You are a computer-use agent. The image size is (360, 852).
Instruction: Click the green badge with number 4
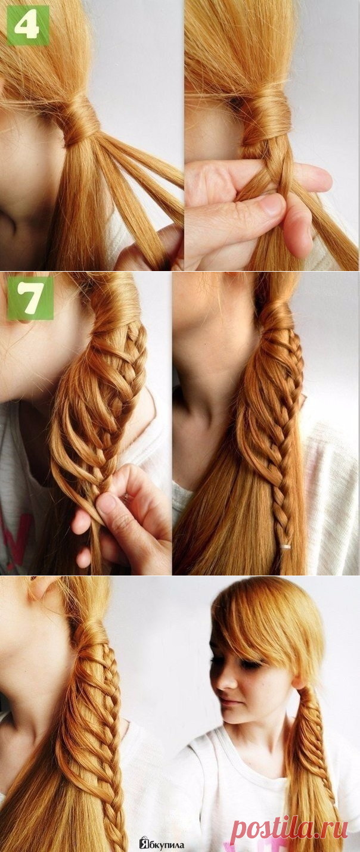pyautogui.click(x=28, y=26)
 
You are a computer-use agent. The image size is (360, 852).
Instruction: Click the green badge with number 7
pyautogui.click(x=30, y=298)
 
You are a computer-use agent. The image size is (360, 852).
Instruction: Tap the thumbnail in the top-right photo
pyautogui.click(x=272, y=204)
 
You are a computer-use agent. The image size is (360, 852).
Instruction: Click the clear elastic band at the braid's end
pyautogui.click(x=285, y=546)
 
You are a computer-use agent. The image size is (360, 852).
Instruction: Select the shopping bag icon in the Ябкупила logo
pyautogui.click(x=144, y=843)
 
